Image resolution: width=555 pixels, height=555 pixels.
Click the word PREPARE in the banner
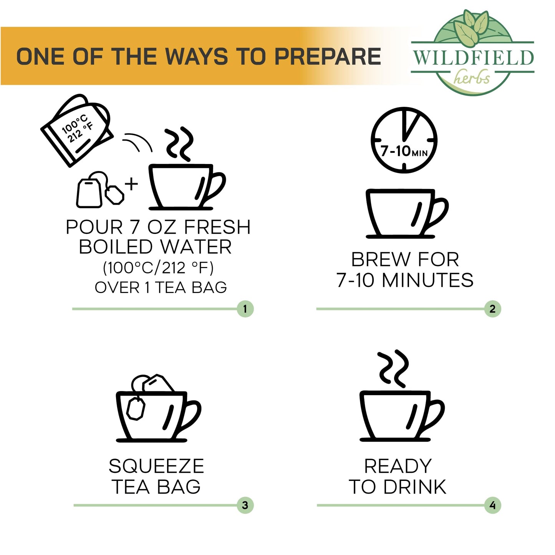pos(327,56)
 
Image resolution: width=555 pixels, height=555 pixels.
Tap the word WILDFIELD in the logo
pos(473,58)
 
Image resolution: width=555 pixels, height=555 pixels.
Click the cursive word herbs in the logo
pos(472,78)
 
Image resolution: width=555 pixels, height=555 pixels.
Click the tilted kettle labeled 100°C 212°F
pos(77,130)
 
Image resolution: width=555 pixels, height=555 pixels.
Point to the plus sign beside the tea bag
pos(131,184)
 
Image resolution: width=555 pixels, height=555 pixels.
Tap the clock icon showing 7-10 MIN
pos(404,139)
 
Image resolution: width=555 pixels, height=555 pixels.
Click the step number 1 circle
pos(245,309)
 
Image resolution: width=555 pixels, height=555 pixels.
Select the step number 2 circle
pos(492,309)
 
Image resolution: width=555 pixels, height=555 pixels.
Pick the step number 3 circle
pos(245,505)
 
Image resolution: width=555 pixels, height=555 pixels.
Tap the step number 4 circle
pos(492,505)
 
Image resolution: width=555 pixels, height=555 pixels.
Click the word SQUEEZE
pos(156,467)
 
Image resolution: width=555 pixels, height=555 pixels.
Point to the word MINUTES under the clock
pos(427,280)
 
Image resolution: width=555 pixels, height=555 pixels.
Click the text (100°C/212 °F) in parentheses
pos(158,268)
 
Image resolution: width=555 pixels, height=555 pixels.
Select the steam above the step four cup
pos(392,368)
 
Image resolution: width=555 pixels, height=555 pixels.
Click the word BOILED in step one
pos(116,247)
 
